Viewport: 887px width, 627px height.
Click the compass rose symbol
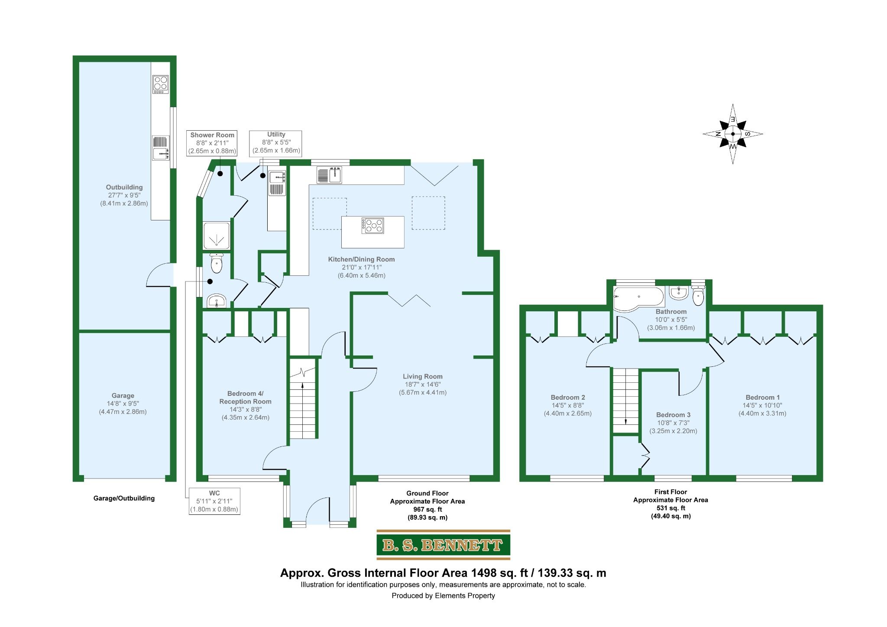coord(732,134)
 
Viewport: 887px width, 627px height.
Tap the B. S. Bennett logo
coord(443,545)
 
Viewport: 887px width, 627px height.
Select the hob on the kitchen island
coord(373,226)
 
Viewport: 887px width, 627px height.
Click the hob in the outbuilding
coord(160,84)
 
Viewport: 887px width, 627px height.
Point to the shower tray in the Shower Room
coord(216,236)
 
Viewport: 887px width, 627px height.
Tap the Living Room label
coord(422,377)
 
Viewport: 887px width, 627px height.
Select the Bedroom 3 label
coord(673,415)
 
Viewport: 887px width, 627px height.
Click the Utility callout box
coord(276,143)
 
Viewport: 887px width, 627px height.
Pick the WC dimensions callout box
coord(214,501)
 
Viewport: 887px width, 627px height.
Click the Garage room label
coord(123,396)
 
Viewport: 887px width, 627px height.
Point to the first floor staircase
coord(625,400)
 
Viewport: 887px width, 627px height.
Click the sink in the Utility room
coord(277,177)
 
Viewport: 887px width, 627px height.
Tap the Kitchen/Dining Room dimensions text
coord(361,271)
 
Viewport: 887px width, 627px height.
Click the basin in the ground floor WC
coord(216,301)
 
